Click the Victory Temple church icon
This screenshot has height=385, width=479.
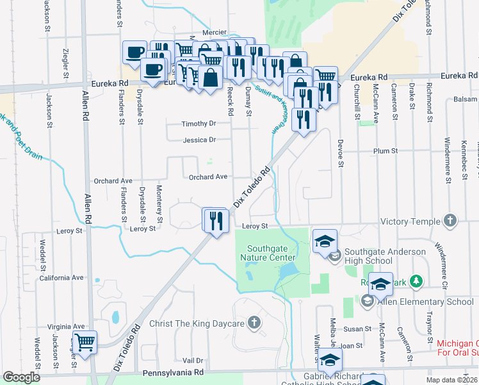click(x=451, y=221)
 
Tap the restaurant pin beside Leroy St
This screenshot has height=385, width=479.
click(x=216, y=221)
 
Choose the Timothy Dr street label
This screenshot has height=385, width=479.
click(x=199, y=124)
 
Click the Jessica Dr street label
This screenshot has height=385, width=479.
click(x=199, y=140)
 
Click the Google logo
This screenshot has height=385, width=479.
click(x=21, y=378)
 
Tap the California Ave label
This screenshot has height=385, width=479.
click(x=61, y=278)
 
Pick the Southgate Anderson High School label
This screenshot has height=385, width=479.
click(x=386, y=256)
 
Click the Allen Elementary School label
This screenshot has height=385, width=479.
click(x=425, y=300)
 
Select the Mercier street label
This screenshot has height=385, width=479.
click(x=215, y=31)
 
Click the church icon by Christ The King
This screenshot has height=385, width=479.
click(x=255, y=322)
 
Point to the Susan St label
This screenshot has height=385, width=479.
click(x=359, y=329)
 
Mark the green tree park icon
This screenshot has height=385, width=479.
click(x=416, y=280)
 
